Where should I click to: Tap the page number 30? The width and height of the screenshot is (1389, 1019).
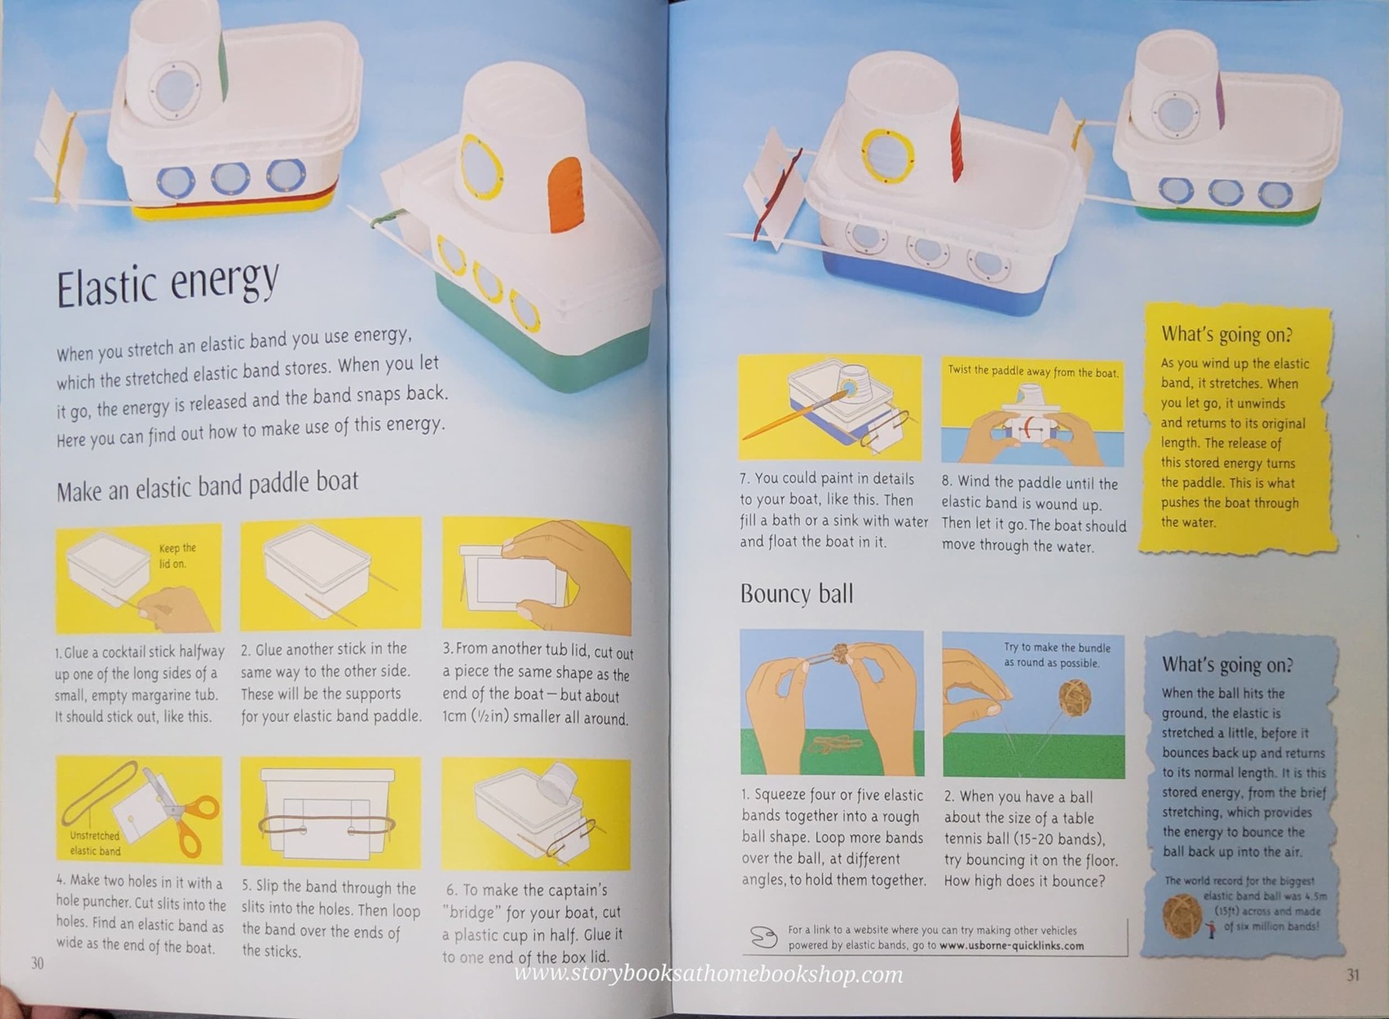[x=37, y=963]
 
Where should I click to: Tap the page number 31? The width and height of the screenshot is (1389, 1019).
[x=1352, y=974]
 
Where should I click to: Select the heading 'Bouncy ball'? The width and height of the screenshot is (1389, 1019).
[x=796, y=593]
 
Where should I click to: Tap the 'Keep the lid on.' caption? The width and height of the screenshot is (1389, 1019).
[x=176, y=556]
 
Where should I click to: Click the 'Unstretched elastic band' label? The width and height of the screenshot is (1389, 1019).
[x=95, y=843]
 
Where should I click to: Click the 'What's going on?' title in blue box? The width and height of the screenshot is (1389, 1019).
[x=1227, y=665]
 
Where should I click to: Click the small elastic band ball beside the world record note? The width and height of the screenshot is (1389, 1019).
[x=1181, y=915]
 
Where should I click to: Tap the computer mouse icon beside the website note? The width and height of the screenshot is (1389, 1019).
[x=762, y=938]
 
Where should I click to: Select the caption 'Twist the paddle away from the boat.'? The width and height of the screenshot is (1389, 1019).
[x=1033, y=372]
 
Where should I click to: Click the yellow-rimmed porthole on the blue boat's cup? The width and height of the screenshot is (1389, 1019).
[x=883, y=155]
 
